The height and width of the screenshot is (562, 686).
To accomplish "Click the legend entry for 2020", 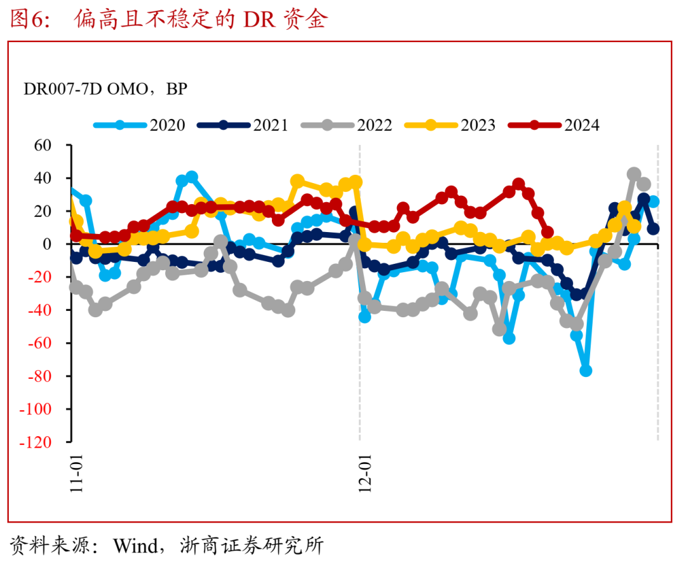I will pos(140,125).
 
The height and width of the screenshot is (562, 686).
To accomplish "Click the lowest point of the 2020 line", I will pos(586,371).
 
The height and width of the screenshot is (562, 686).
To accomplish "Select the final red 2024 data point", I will pos(548,233).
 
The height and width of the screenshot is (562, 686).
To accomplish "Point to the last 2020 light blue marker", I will pos(653,202).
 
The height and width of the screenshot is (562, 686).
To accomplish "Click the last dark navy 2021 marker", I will pos(654,229).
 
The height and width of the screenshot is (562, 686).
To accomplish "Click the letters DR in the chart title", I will pos(260,20).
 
